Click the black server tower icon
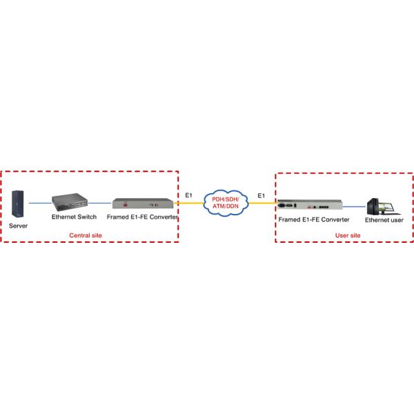click(x=19, y=202)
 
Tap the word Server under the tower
click(x=19, y=225)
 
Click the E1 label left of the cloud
click(x=189, y=196)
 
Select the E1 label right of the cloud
click(x=261, y=196)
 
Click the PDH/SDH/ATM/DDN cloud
click(x=226, y=203)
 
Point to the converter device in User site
click(x=310, y=205)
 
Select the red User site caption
click(x=347, y=235)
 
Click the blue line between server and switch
click(x=40, y=203)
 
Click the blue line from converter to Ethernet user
click(x=355, y=206)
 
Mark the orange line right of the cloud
click(x=262, y=204)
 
